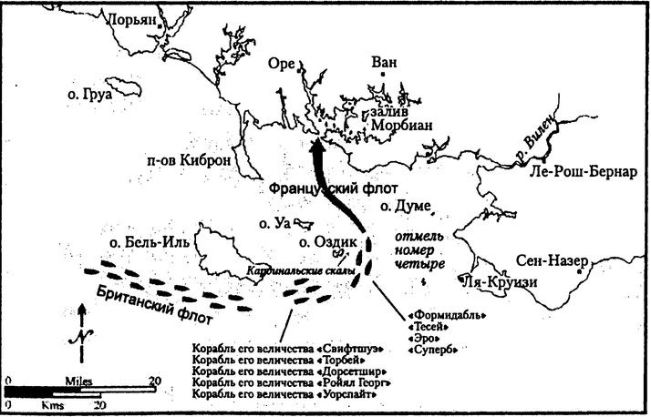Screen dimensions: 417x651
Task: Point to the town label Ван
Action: [x=387, y=63]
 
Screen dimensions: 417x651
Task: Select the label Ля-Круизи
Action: [x=498, y=281]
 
